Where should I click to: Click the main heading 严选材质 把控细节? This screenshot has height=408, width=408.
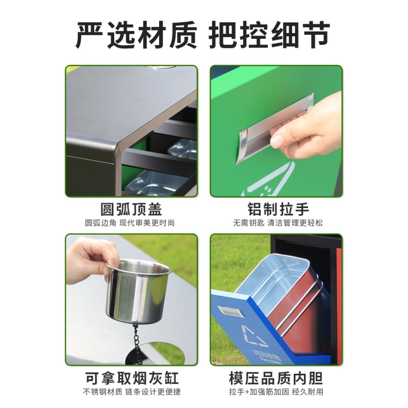203,36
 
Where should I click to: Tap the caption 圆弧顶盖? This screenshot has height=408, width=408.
132,209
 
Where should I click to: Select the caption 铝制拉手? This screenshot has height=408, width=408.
278,209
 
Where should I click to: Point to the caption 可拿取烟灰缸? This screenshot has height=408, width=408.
132,378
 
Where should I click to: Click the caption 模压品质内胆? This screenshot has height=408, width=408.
276,378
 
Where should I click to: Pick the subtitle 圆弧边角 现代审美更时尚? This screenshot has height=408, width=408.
130,223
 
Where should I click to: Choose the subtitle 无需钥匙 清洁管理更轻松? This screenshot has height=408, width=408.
277,223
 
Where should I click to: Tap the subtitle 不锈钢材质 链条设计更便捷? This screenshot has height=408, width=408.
132,392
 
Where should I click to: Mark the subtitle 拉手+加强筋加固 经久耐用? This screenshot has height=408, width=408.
276,392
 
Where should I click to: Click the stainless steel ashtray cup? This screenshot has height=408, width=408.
138,290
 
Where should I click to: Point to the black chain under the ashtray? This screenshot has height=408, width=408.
136,343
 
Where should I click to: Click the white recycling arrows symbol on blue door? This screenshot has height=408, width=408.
255,337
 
